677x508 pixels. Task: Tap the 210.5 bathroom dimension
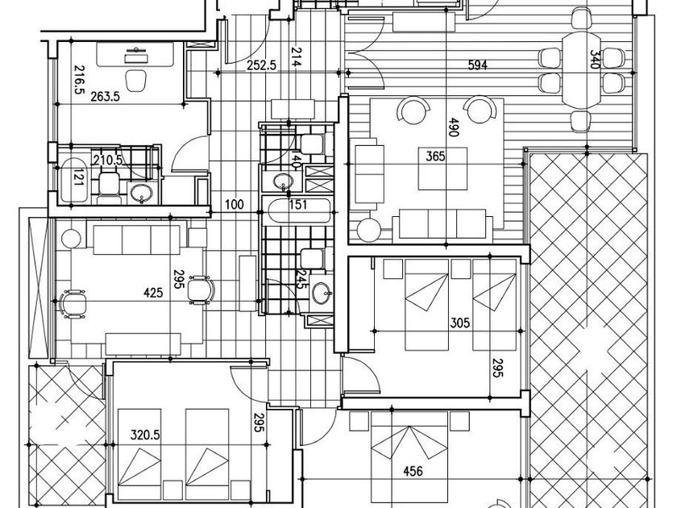pyautogui.click(x=108, y=160)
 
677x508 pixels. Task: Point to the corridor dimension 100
pyautogui.click(x=234, y=205)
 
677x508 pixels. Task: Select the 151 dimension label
pyautogui.click(x=298, y=205)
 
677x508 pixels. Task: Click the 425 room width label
pyautogui.click(x=153, y=293)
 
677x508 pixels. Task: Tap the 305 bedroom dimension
pyautogui.click(x=459, y=323)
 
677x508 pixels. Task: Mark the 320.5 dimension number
pyautogui.click(x=145, y=435)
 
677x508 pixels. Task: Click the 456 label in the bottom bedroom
pyautogui.click(x=412, y=472)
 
